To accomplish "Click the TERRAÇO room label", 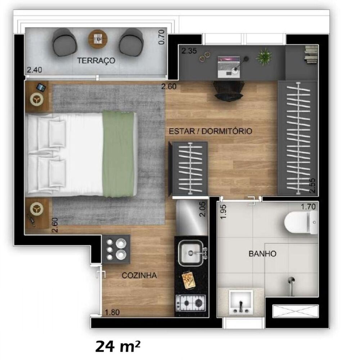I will [x=96, y=60].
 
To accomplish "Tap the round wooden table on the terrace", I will [x=98, y=37].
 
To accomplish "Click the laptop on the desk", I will [x=229, y=65].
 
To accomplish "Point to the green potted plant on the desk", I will [x=264, y=57].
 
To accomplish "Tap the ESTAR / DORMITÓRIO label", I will [x=211, y=131].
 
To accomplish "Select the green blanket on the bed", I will [x=119, y=154].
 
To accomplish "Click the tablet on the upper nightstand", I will [x=41, y=87].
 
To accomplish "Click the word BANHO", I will [x=262, y=254].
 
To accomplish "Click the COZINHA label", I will [x=139, y=276].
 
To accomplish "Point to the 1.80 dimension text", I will [x=113, y=312].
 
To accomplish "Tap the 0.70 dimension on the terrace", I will [x=162, y=37].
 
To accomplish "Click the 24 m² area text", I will [x=118, y=347].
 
